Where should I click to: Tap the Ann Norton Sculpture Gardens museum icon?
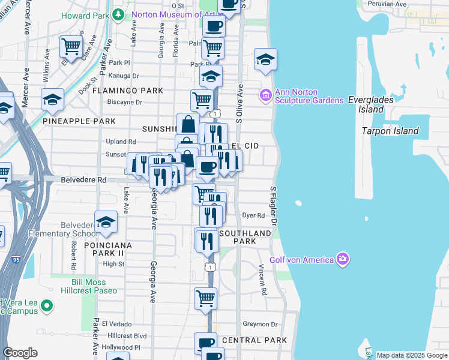(265, 95)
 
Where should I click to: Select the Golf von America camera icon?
(343, 259)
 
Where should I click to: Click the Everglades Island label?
(371, 105)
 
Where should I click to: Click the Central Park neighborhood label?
(255, 340)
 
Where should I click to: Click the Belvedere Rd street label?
(83, 179)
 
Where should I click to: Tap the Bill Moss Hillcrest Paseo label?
(89, 286)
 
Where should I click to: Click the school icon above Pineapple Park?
(52, 100)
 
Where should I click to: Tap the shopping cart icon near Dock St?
(71, 46)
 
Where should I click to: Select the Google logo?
(20, 353)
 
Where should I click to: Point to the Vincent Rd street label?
(263, 280)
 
